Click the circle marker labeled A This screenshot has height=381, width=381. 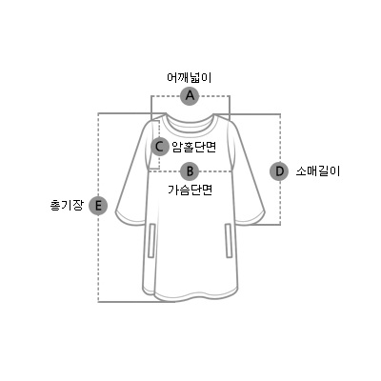point(190,95)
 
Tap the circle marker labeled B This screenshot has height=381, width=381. point(190,171)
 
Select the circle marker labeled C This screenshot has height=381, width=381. point(160,147)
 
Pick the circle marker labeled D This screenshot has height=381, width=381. point(279,171)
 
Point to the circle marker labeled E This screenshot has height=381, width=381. point(98,206)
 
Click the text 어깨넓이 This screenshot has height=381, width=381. point(190,77)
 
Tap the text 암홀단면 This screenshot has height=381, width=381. point(194,147)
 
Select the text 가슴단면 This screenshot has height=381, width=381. point(190,190)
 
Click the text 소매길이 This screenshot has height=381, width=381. point(318,171)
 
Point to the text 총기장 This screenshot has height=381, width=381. point(67,206)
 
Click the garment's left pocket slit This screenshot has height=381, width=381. point(152,240)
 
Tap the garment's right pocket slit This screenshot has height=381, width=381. point(229,240)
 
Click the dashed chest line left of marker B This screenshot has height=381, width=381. point(165,171)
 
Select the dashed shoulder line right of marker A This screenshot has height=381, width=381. point(214,95)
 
